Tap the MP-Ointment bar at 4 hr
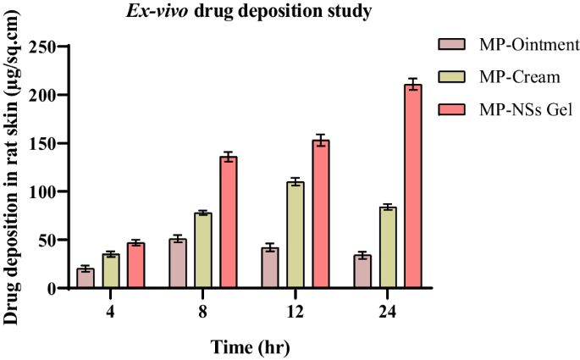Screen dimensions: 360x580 86,279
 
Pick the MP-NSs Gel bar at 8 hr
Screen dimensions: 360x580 229,223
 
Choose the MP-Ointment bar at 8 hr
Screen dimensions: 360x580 179,264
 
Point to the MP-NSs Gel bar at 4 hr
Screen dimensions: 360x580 135,266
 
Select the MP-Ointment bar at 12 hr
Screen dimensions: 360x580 270,269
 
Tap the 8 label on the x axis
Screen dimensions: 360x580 203,311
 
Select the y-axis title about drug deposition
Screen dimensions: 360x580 12,169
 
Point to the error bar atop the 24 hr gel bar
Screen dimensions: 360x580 413,84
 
